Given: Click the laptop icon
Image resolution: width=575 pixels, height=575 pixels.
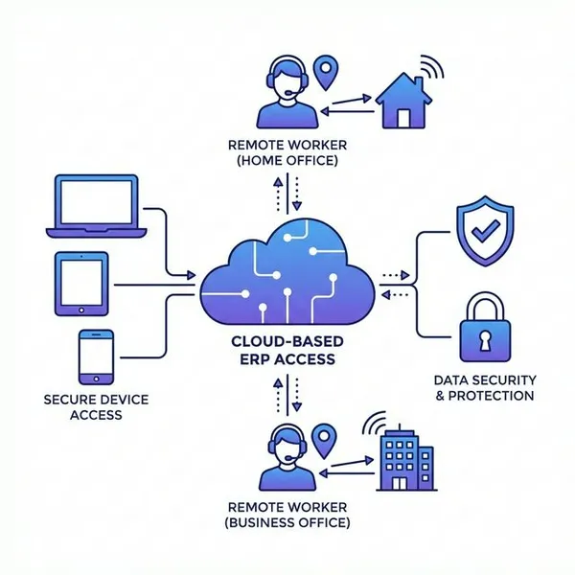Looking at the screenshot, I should pos(101,205).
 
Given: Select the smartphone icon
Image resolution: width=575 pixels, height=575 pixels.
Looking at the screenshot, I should pos(96,356).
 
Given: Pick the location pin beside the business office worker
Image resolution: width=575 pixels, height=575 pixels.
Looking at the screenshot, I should pos(329,439).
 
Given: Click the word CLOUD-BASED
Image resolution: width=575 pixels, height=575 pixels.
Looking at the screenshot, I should pos(284,342).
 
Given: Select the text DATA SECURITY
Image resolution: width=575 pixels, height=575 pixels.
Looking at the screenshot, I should pos(482,379).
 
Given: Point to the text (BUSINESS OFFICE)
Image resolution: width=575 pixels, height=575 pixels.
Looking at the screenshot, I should pos(287,523).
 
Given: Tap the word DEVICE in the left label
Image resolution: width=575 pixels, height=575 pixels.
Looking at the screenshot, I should pos(120,399).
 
